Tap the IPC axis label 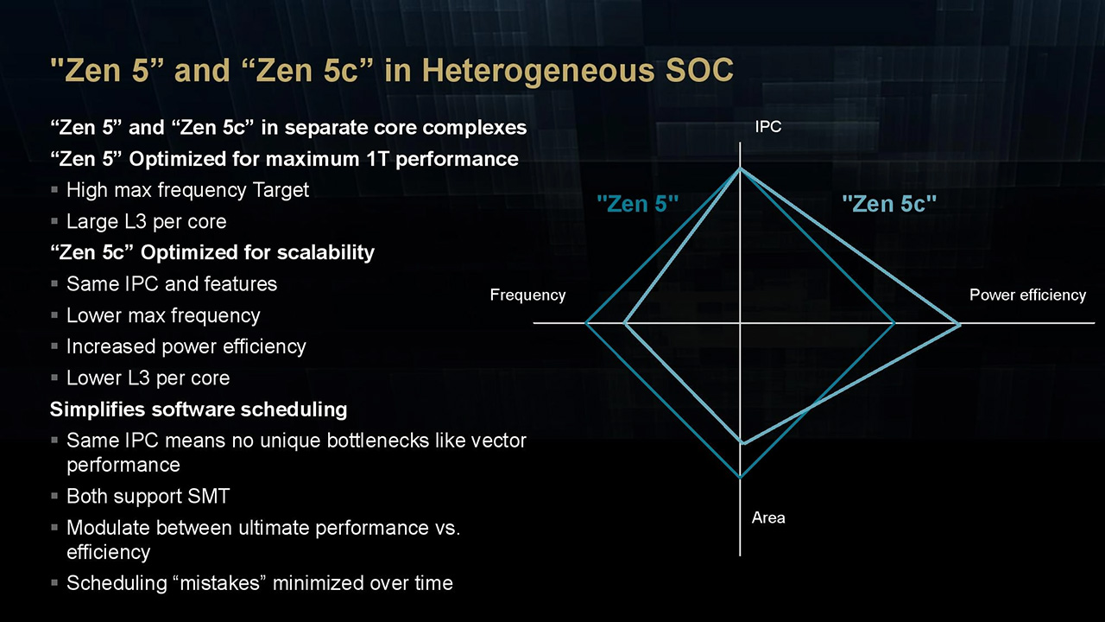[768, 127]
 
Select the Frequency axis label [527, 295]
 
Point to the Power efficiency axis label [1027, 295]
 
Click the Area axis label [768, 517]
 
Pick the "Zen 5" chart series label [638, 203]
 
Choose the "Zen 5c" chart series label [889, 203]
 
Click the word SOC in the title [699, 70]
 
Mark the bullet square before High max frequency [54, 189]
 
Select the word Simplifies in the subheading [98, 409]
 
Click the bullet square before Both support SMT [54, 496]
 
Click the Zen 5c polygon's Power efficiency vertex [959, 324]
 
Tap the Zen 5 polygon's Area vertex [740, 477]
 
